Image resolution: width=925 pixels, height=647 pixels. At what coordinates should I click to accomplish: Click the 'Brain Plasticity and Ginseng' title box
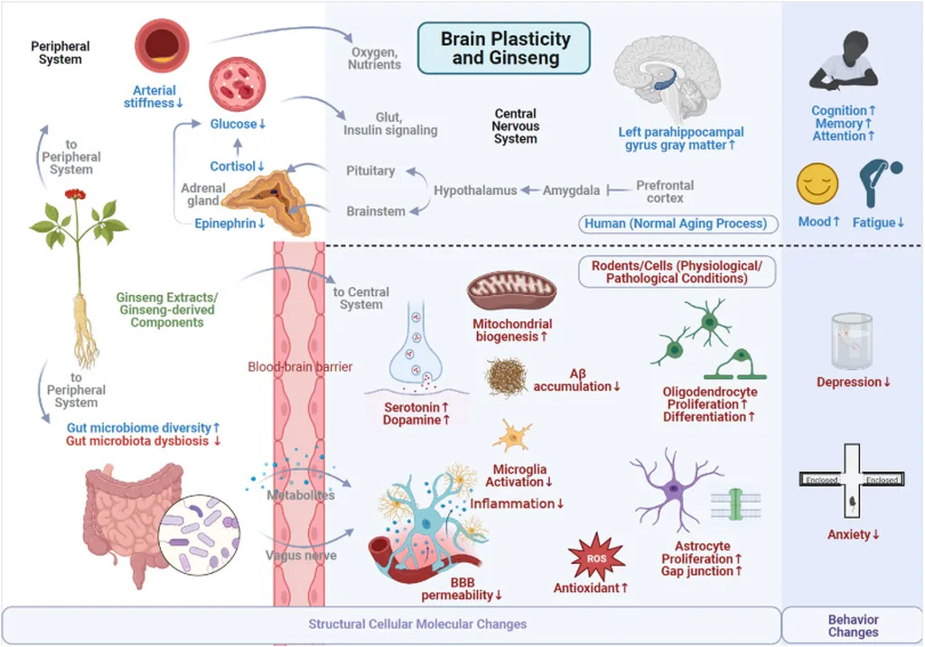[504, 49]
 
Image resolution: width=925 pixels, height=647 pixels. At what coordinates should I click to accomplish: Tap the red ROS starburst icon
[596, 557]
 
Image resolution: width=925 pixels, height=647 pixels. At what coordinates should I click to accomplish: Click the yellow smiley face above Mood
[817, 184]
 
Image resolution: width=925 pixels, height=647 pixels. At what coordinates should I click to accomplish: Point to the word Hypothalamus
[475, 190]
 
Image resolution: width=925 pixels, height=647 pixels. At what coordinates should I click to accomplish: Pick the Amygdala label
[571, 190]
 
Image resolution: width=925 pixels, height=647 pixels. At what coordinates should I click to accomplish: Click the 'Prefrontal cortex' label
[665, 191]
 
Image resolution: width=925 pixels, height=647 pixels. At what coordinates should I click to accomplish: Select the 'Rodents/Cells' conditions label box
[677, 272]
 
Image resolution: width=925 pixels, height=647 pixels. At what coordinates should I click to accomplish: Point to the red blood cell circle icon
[238, 85]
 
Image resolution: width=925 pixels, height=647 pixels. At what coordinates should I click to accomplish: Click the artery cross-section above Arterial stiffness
[162, 45]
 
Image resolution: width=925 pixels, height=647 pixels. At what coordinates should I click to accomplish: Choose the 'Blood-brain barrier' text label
[300, 366]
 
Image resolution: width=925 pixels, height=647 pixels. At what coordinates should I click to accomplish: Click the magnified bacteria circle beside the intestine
[200, 535]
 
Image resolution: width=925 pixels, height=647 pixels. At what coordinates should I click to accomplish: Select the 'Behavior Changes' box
[853, 625]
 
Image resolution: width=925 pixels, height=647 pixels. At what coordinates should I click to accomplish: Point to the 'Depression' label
[853, 382]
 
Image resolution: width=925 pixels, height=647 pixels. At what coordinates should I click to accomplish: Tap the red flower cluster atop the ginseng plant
[76, 194]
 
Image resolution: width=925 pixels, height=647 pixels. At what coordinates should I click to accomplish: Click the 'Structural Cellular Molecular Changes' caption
[417, 624]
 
